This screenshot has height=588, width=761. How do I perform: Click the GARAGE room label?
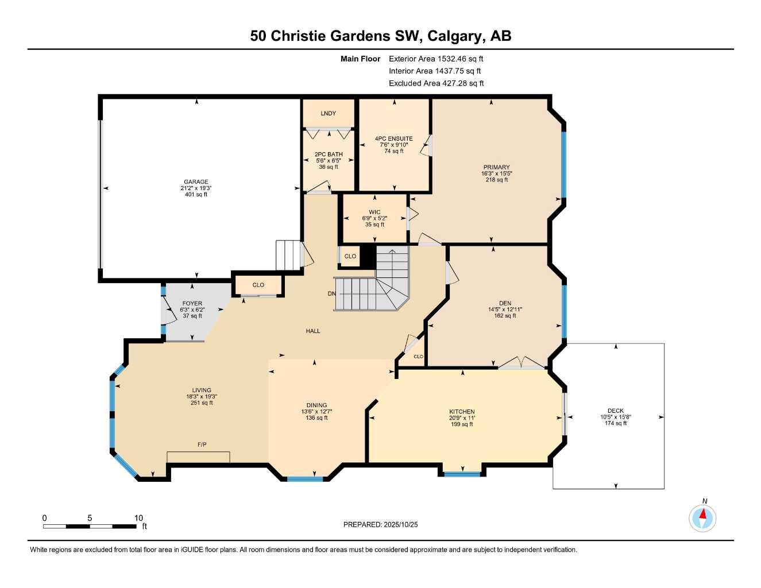pos(196,182)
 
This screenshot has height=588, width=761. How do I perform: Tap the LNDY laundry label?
pos(329,114)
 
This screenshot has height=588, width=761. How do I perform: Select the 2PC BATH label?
pos(329,154)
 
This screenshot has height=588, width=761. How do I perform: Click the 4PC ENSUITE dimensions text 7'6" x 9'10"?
pos(393,145)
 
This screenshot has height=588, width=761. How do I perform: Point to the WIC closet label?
pos(374,212)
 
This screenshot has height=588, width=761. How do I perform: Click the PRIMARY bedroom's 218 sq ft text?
pos(496,180)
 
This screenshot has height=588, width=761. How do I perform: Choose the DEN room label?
pos(505,303)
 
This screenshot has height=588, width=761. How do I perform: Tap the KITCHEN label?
pos(462,412)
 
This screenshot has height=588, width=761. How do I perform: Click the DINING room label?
pos(316,405)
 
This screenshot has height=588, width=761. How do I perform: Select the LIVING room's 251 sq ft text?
pos(202,403)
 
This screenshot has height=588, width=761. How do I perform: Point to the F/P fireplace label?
pos(202,445)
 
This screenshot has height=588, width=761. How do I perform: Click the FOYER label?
pos(192,304)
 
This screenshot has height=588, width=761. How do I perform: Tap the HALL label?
pos(313,331)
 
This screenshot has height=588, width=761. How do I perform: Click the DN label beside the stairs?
pos(331,294)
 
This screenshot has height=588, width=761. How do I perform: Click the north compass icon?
pos(702,518)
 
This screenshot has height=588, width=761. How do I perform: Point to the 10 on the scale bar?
pos(138,518)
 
